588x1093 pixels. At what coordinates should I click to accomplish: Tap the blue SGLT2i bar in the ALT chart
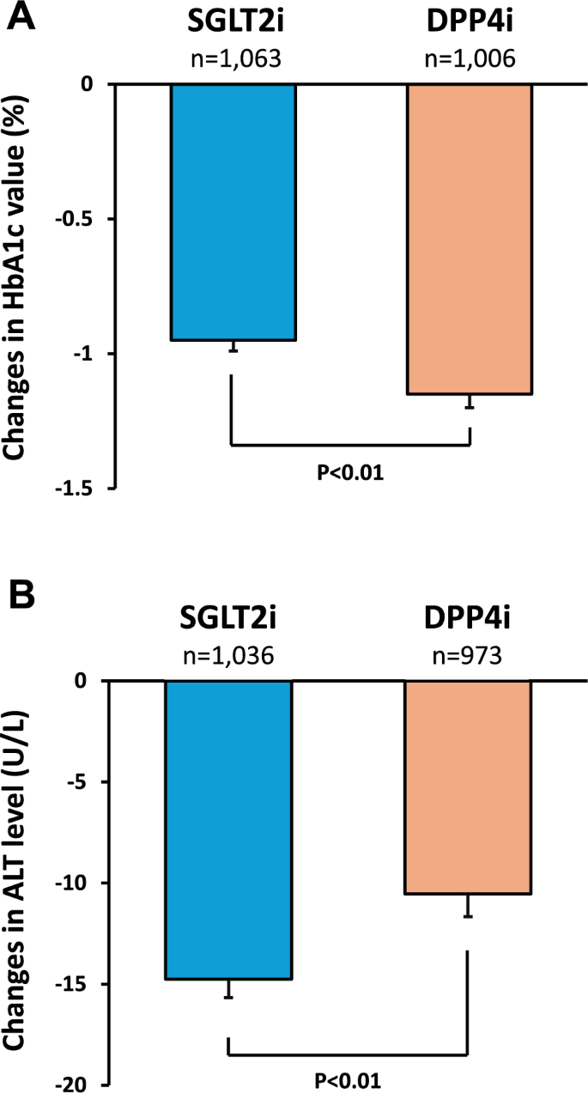tap(229, 829)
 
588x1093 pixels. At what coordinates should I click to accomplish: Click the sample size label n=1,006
tap(469, 59)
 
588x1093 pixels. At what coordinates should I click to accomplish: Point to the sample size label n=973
tap(469, 655)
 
